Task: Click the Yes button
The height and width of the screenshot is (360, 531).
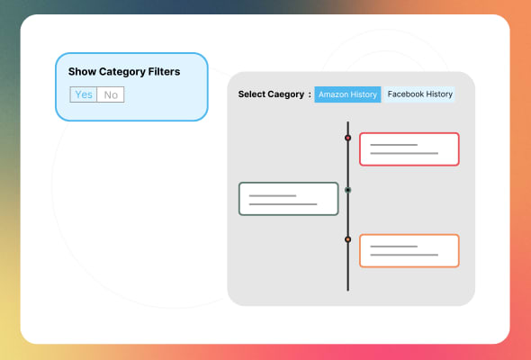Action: coord(84,94)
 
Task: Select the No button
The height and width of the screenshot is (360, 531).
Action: coord(111,94)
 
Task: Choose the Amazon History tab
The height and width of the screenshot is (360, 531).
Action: coord(347,94)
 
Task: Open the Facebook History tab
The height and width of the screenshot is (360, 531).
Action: coord(419,94)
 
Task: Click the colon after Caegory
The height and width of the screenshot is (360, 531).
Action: coord(309,94)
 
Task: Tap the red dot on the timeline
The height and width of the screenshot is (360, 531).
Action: coord(348,138)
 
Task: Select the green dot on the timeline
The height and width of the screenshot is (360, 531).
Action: coord(348,190)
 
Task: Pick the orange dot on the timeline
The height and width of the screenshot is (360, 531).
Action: coord(348,239)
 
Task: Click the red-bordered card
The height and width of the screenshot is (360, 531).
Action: coord(409,149)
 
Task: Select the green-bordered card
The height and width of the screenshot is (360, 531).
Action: coord(288,199)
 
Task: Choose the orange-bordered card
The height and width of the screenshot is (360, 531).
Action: coord(409,251)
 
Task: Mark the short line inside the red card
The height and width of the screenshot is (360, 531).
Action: coord(393,145)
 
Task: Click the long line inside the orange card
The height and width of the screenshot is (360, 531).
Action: coord(404,256)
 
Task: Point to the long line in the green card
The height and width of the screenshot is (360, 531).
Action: coord(283,204)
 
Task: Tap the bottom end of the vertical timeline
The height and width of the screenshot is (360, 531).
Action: coord(348,288)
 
